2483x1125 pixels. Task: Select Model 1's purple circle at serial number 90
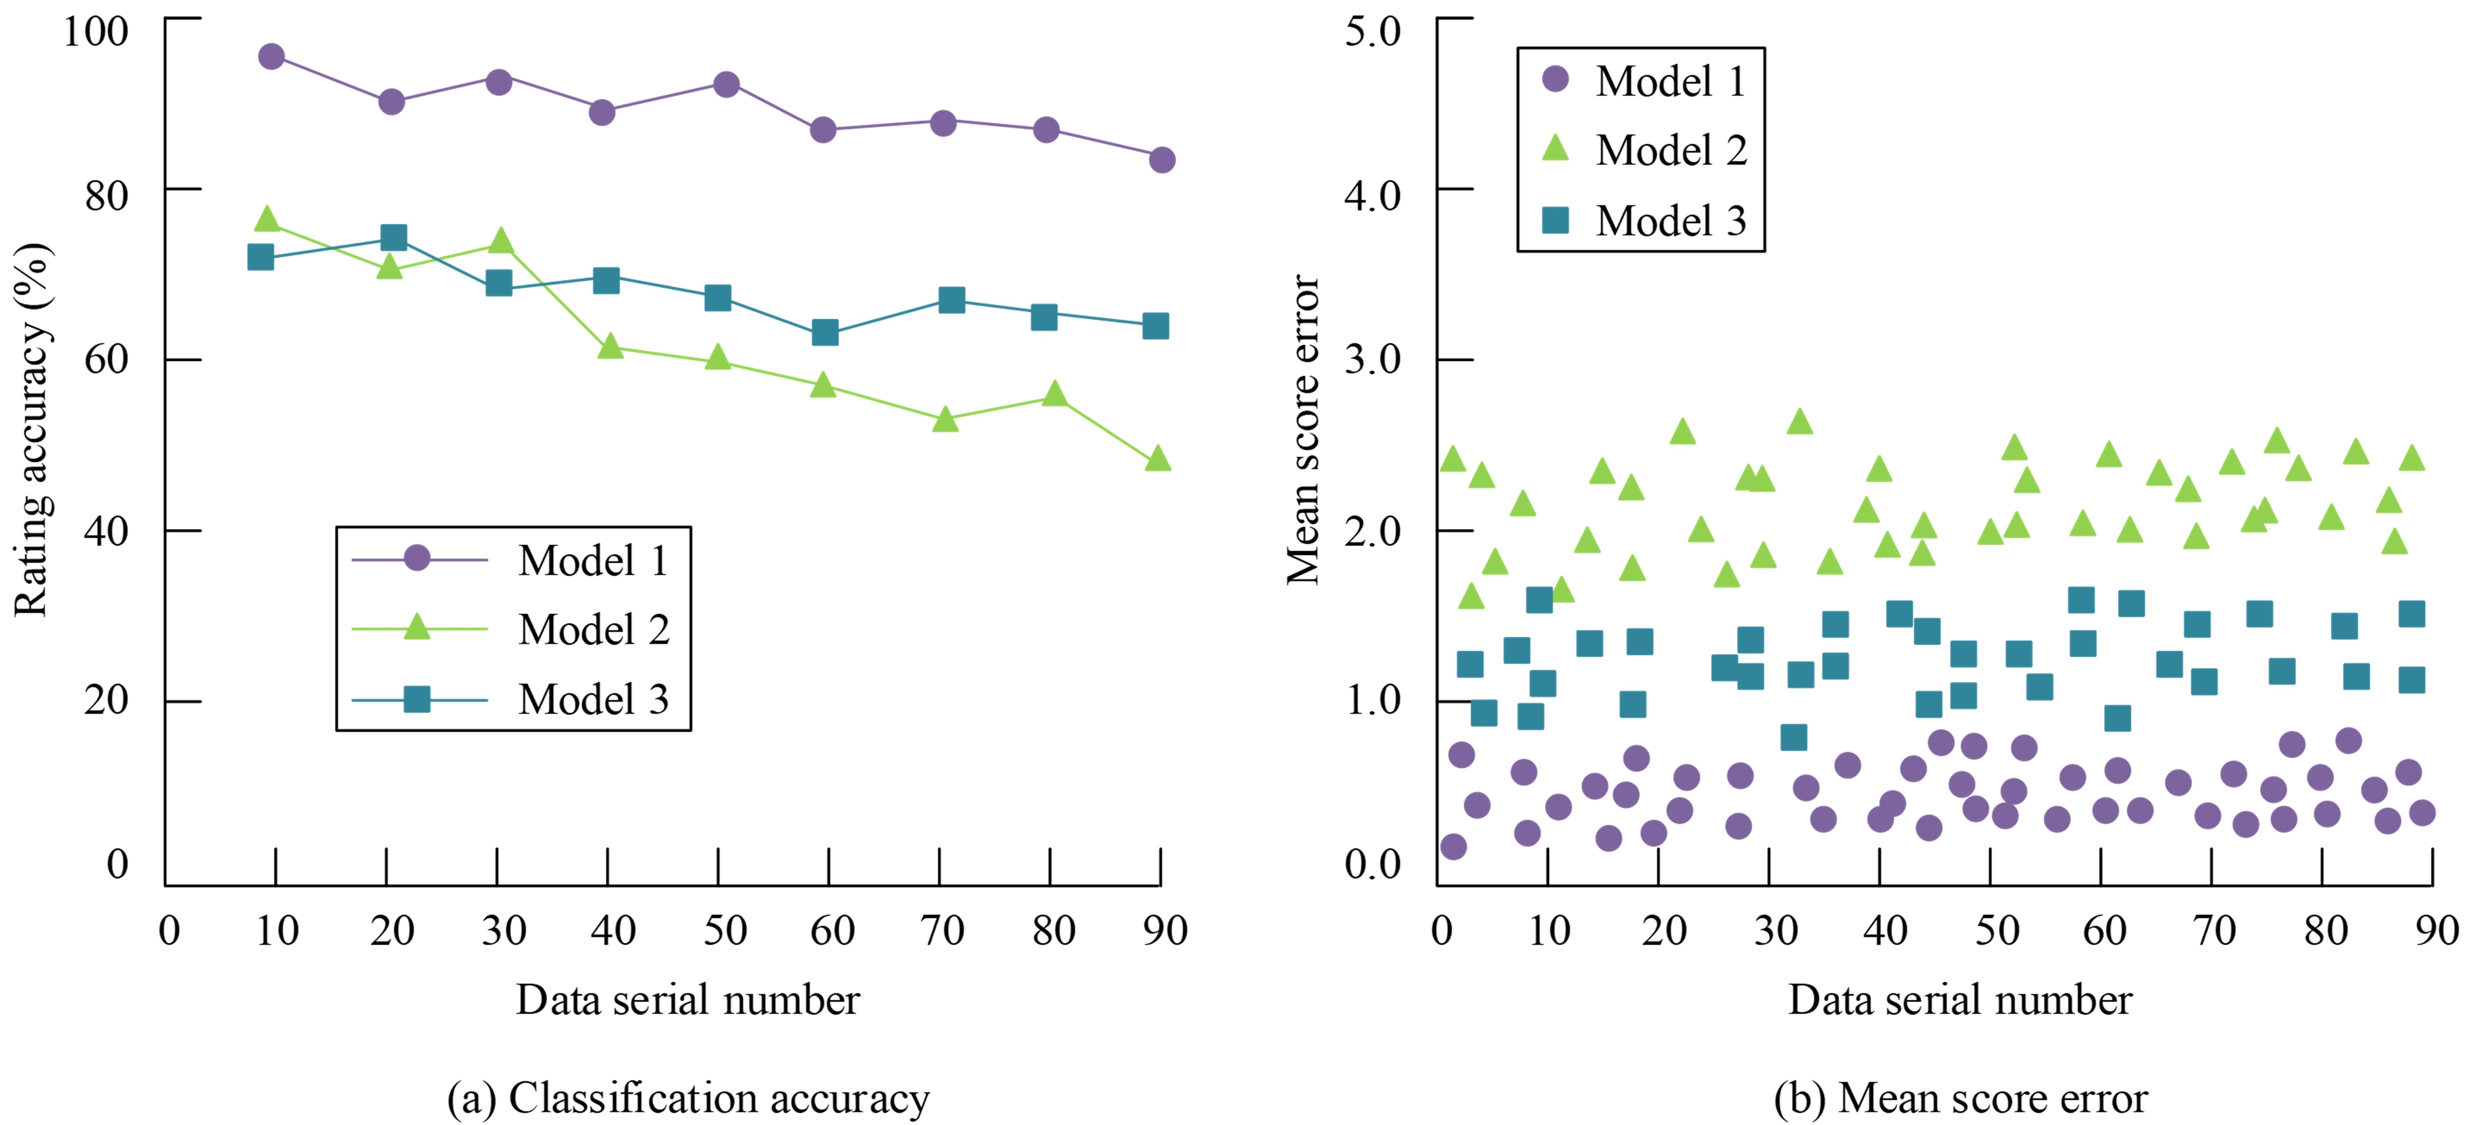pos(1162,160)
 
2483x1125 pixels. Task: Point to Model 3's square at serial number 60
pos(824,332)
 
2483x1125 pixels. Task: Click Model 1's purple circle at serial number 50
pos(726,84)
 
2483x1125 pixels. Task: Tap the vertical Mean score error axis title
pos(1303,429)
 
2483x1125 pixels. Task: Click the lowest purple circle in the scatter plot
pos(1454,847)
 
